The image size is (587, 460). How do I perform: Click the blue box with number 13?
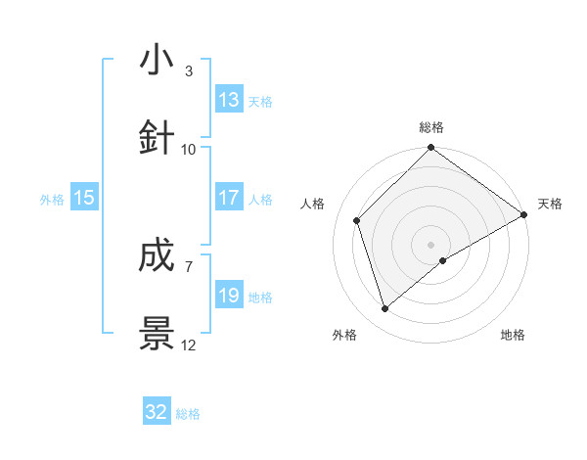229,100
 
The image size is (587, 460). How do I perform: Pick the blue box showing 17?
229,198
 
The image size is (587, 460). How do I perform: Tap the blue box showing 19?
229,296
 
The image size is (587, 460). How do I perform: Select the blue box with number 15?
84,198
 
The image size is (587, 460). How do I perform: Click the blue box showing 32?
157,412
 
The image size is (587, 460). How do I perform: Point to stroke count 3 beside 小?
188,71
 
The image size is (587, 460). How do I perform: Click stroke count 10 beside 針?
189,149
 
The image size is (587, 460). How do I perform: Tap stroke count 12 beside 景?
189,345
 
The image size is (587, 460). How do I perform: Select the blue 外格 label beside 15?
52,199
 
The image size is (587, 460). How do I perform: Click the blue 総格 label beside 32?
188,413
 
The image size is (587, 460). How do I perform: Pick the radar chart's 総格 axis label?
431,127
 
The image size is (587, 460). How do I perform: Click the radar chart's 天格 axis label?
550,204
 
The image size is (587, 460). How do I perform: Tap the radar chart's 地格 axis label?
513,335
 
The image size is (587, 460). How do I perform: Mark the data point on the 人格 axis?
357,220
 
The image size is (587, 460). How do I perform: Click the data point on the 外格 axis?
385,309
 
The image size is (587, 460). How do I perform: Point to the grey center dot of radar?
431,244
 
